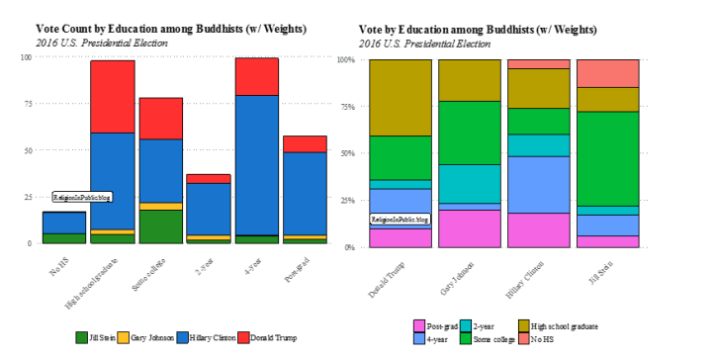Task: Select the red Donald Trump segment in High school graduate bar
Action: (113, 96)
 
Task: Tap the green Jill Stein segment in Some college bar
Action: (160, 225)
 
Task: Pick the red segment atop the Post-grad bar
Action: (305, 143)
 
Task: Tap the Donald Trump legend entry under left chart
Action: (268, 337)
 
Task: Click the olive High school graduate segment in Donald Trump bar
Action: (401, 97)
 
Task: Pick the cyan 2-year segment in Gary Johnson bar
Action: (469, 183)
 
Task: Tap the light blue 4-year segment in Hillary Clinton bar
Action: (538, 184)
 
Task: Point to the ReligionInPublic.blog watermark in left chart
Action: (82, 197)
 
